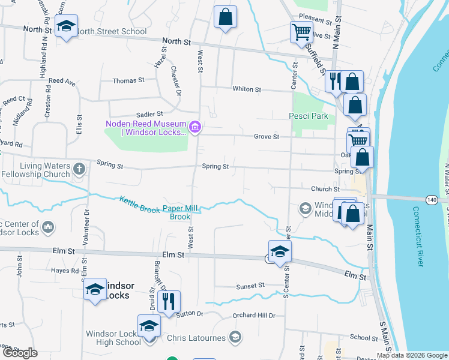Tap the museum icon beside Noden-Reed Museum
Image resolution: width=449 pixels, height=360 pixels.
click(194, 127)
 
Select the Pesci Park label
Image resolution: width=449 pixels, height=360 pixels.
click(309, 116)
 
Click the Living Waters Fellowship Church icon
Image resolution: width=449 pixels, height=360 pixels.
click(79, 170)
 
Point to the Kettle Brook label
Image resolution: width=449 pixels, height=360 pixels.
click(139, 205)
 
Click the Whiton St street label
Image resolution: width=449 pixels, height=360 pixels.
click(247, 89)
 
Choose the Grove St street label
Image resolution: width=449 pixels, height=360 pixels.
click(267, 137)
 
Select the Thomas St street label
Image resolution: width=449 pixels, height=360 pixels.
click(128, 80)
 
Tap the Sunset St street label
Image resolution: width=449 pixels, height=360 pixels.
click(250, 286)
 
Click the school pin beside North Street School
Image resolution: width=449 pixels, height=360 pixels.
click(66, 26)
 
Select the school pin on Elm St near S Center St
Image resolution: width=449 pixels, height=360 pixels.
click(279, 252)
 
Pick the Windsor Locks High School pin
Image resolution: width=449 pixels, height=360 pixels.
click(149, 326)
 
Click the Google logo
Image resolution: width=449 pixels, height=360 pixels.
click(20, 353)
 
